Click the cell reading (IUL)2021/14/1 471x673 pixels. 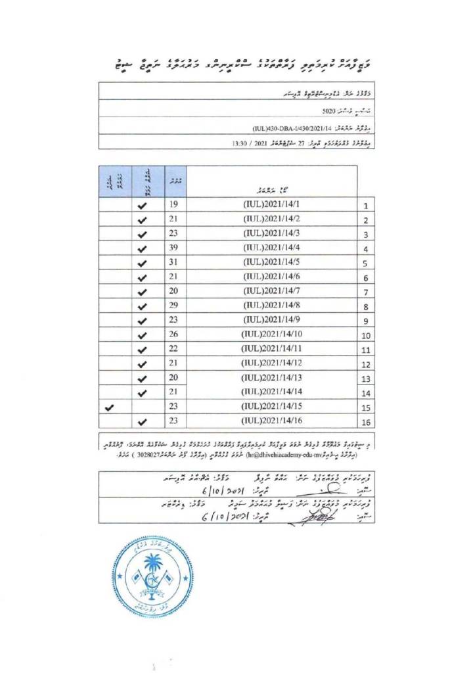coord(271,204)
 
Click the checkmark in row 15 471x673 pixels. coord(110,407)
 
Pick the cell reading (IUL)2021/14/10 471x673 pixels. coord(271,335)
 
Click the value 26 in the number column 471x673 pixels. coord(174,335)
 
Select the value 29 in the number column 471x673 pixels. coord(174,306)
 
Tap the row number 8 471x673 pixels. coord(367,306)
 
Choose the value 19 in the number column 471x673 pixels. coord(174,204)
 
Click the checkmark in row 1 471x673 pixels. coord(143,206)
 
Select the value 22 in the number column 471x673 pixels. coord(174,349)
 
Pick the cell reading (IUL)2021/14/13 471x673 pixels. coord(271,378)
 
